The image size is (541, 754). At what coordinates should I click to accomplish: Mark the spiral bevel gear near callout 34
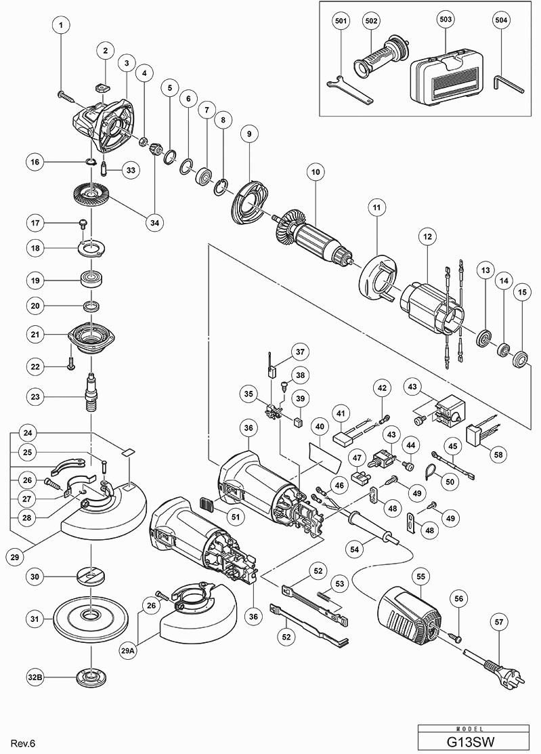click(x=91, y=197)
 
